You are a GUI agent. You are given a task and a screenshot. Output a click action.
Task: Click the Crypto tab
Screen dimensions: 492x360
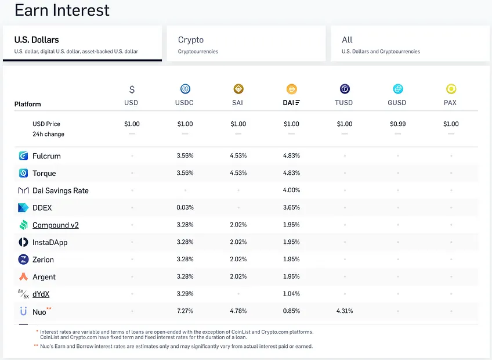tap(246, 44)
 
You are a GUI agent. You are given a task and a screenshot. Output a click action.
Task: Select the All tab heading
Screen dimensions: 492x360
tap(347, 40)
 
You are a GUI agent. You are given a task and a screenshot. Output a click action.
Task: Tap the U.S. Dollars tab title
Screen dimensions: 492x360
tap(37, 40)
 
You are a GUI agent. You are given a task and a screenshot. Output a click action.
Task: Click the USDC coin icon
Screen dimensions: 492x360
tap(185, 89)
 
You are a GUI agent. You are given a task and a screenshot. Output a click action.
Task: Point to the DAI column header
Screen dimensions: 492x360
tap(291, 103)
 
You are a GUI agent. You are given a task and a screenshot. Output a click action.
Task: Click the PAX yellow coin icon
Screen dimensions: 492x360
tap(451, 89)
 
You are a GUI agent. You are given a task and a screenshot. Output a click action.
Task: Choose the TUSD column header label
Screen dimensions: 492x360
tap(344, 103)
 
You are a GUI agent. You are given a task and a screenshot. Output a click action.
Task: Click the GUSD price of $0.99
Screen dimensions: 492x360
tap(397, 124)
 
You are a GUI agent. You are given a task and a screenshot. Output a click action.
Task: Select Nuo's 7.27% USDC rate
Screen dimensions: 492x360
tap(185, 311)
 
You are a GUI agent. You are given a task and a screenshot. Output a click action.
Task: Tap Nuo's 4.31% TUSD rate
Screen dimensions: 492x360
tap(345, 311)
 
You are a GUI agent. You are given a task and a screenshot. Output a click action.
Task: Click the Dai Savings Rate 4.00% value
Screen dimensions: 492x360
tap(291, 190)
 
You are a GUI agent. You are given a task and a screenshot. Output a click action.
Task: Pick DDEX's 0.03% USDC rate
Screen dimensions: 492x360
tap(185, 207)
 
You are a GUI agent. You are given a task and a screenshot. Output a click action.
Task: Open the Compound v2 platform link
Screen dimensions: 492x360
tap(56, 225)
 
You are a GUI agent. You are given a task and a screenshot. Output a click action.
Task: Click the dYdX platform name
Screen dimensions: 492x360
tap(41, 294)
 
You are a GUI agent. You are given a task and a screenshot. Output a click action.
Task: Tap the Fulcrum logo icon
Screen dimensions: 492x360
tap(23, 156)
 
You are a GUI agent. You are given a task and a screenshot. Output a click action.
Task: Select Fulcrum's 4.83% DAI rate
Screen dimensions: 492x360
tap(291, 156)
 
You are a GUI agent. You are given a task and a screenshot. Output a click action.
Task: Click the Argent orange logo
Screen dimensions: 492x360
tap(23, 277)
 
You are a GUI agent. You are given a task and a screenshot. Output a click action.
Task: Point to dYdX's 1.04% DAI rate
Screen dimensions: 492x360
tap(291, 294)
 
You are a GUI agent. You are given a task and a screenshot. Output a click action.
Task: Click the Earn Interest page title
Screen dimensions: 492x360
tap(62, 10)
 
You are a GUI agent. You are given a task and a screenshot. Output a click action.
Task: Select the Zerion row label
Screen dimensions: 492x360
tap(43, 260)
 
